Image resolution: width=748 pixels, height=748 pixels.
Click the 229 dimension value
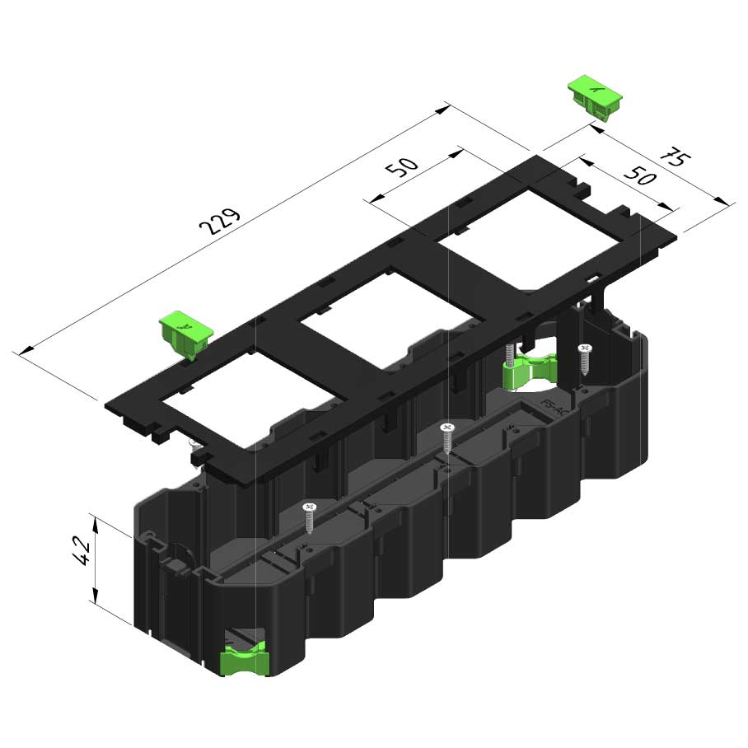(x=219, y=222)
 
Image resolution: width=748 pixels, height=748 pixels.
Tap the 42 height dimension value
(x=82, y=550)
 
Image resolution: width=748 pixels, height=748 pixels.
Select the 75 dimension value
(x=675, y=157)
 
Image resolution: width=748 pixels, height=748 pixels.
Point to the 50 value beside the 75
(x=641, y=175)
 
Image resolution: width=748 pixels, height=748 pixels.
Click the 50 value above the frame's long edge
(x=402, y=166)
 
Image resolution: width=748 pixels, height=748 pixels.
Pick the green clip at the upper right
(x=595, y=97)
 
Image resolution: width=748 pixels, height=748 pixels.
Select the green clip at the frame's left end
(x=185, y=334)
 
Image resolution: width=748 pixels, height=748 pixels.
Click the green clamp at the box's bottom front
(x=244, y=658)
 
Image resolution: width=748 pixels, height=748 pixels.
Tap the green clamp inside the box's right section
(x=530, y=371)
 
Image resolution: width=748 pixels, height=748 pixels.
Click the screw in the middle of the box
(x=447, y=437)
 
